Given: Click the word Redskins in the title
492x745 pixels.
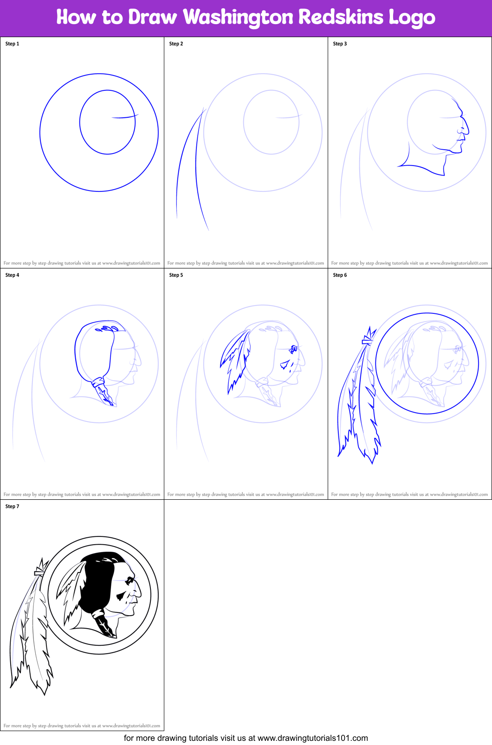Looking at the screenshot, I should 341,17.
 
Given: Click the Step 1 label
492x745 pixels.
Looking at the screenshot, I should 12,44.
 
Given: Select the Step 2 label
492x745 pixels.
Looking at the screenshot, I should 176,44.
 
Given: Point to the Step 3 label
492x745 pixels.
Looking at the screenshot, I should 340,44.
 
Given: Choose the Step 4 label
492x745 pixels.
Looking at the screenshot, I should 12,275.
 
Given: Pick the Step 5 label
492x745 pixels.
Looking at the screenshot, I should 176,275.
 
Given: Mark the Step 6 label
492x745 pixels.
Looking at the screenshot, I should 340,275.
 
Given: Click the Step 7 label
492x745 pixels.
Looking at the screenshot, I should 12,506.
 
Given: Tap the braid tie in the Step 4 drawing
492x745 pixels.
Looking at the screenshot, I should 98,382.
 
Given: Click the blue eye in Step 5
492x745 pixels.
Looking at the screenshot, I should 293,349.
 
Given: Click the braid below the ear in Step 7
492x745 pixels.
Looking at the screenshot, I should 105,624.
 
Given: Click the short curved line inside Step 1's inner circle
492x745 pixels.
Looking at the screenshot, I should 124,117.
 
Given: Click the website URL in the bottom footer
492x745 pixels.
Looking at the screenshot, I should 312,738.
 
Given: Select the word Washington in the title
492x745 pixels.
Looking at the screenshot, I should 238,17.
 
